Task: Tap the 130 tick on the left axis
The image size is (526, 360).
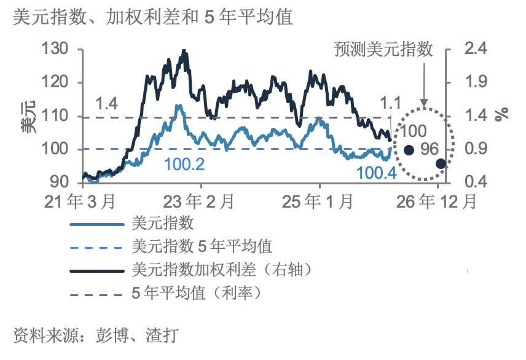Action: click(x=60, y=49)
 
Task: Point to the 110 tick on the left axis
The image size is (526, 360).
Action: click(x=60, y=116)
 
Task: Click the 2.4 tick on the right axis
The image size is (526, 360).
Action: click(x=471, y=49)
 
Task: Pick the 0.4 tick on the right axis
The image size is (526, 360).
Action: click(x=471, y=182)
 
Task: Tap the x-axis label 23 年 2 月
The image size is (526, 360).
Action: click(x=200, y=201)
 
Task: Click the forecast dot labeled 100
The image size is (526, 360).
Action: click(x=409, y=149)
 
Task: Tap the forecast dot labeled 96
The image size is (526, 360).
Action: click(x=441, y=163)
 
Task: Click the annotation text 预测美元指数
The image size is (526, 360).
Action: click(x=384, y=49)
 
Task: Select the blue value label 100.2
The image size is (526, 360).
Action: click(x=184, y=164)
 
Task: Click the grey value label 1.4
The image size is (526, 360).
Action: click(x=108, y=104)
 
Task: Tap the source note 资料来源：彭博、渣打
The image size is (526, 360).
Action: click(x=96, y=335)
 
